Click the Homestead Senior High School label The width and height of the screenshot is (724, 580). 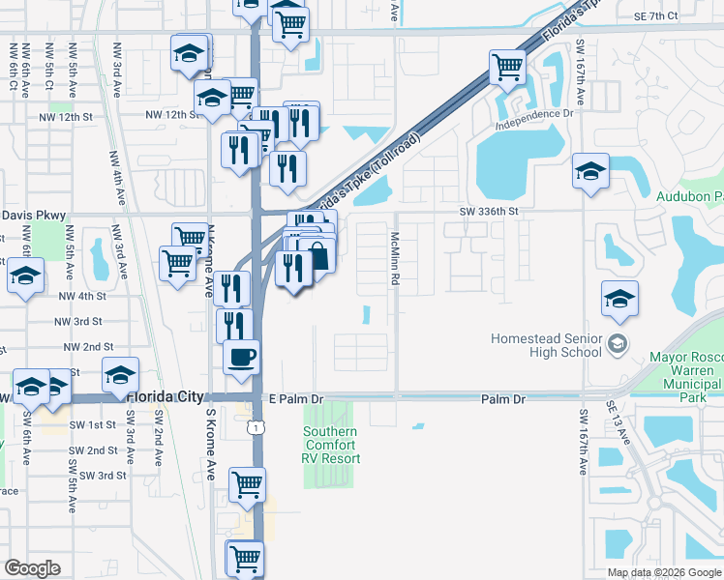tap(547, 346)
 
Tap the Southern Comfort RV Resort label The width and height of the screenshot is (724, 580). tap(331, 445)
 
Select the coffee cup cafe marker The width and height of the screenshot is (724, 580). tap(242, 357)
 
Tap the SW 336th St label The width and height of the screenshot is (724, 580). tap(489, 211)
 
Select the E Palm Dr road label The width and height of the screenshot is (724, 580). tap(295, 398)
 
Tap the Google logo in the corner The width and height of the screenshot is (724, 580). tap(32, 568)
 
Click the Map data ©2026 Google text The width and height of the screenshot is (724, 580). tap(665, 572)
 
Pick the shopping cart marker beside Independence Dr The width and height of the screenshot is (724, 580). tap(507, 68)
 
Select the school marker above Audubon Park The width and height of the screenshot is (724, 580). tap(590, 172)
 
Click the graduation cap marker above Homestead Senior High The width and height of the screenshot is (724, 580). tap(619, 300)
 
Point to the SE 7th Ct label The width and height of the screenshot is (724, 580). tap(657, 16)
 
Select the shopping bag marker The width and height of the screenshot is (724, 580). tap(317, 257)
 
